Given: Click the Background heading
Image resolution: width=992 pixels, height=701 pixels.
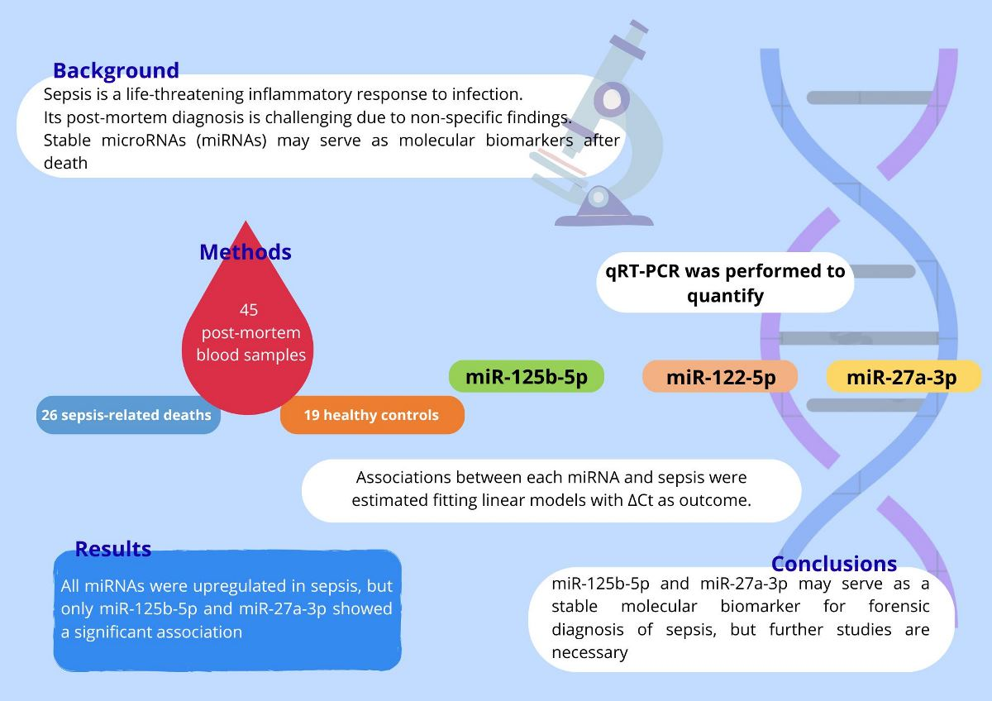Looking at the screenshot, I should [116, 70].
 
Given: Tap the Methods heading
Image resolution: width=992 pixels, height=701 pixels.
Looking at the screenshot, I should [246, 252].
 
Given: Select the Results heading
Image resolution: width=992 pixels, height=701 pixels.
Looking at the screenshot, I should [113, 549].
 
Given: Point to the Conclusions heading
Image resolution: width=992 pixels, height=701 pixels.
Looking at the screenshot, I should [833, 564].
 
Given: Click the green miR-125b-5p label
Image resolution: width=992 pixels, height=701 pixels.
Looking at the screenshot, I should [527, 377].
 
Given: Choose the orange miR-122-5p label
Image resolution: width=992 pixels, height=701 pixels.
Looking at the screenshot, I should [720, 378].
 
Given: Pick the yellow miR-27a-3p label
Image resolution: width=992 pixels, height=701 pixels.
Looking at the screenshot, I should [901, 378].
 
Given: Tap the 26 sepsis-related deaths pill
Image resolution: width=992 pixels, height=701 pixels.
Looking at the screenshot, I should [127, 415].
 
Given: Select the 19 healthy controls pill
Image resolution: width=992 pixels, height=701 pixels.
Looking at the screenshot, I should [371, 415].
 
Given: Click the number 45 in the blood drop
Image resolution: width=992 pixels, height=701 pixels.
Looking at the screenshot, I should [249, 310].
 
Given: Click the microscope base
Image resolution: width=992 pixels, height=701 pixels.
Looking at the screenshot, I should [603, 217].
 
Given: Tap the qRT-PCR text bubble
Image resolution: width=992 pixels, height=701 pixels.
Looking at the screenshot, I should [725, 283].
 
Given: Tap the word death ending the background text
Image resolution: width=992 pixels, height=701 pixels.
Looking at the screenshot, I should [65, 163].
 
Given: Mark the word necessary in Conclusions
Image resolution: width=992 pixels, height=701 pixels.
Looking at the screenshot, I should [589, 653].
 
